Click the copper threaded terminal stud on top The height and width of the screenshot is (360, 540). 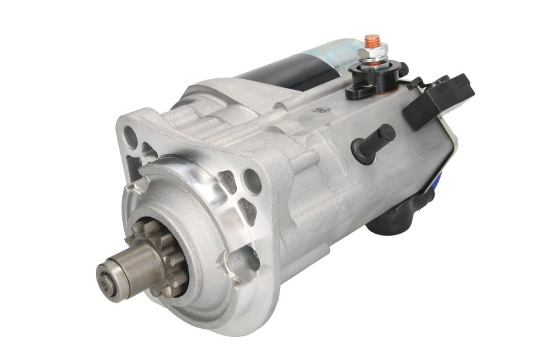click(371, 41)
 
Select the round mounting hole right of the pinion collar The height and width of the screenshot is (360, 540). click(252, 180)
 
